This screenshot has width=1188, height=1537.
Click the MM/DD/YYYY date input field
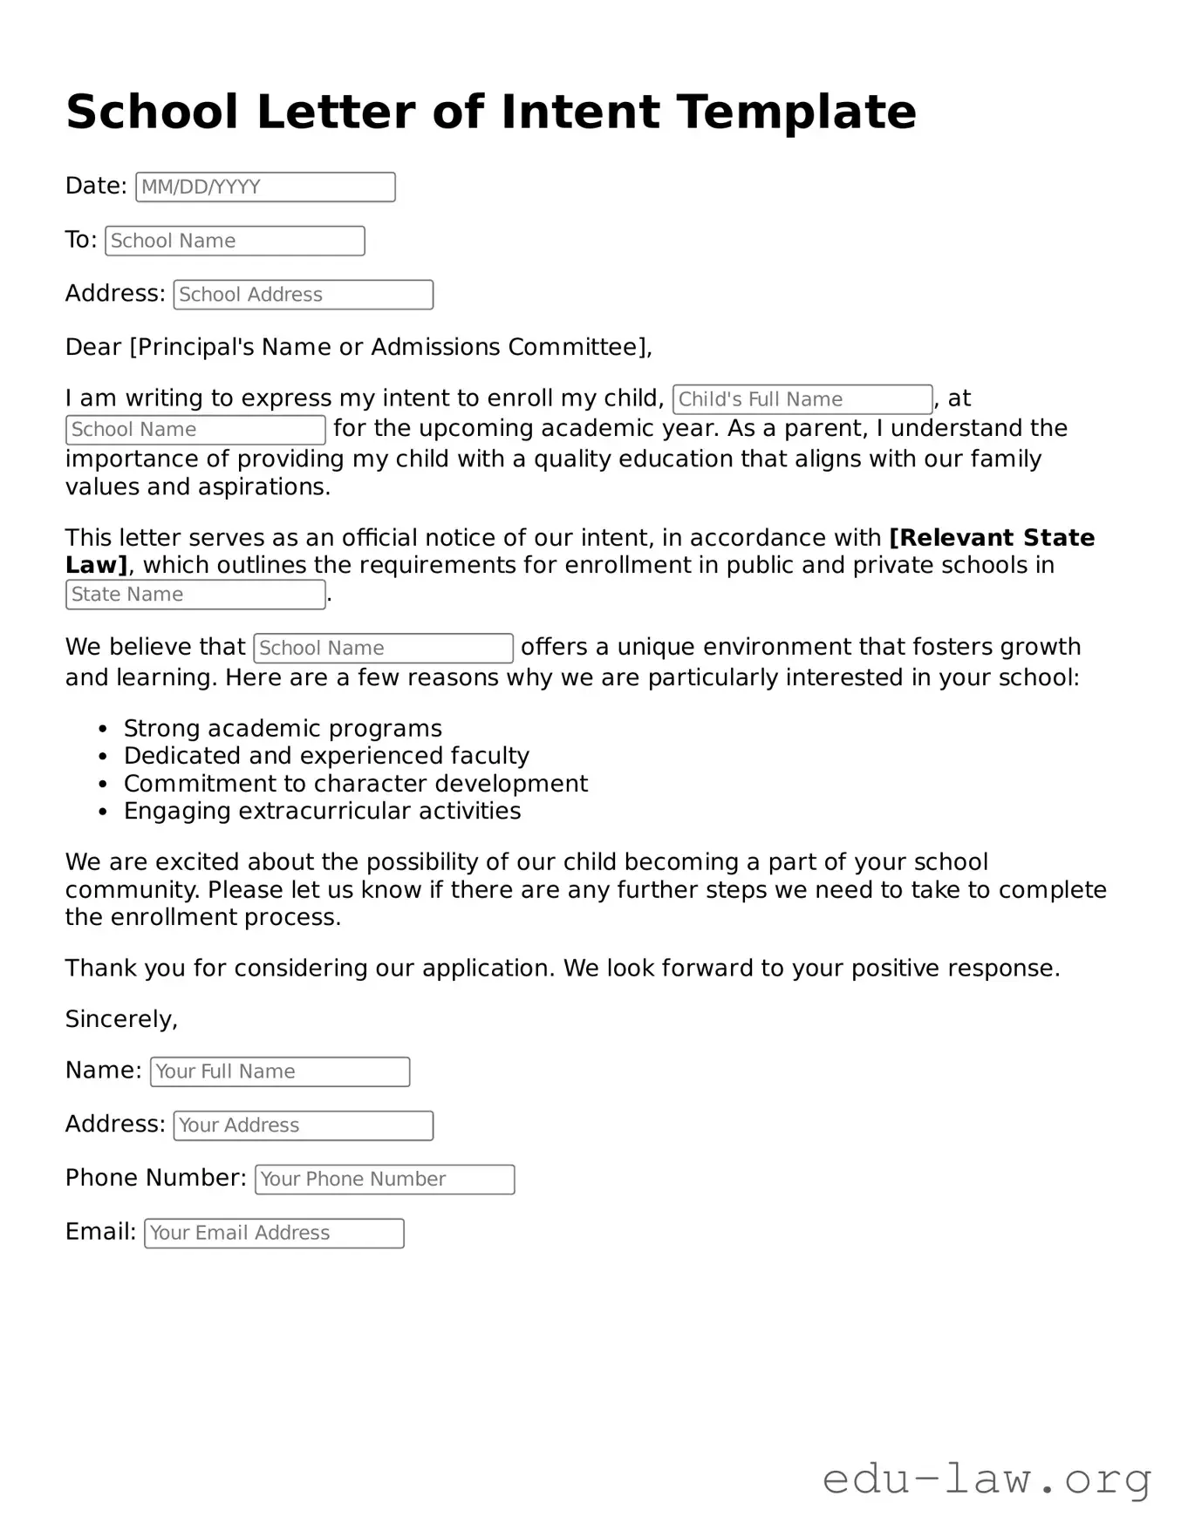[265, 187]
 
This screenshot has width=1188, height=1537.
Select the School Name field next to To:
[235, 241]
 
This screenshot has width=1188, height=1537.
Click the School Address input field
[303, 295]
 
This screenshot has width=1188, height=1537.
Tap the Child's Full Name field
[802, 399]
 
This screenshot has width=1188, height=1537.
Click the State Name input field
[195, 595]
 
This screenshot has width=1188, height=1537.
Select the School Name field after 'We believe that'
[383, 649]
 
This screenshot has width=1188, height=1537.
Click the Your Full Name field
[279, 1071]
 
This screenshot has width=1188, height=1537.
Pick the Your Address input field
[303, 1126]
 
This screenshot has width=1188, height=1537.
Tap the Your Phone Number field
[384, 1180]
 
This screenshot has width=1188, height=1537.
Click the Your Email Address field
[274, 1234]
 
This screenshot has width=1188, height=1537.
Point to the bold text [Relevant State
[991, 538]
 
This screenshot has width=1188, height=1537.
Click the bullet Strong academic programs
[283, 729]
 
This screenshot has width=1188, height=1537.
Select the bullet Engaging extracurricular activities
[322, 812]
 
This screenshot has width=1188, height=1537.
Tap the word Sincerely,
[121, 1019]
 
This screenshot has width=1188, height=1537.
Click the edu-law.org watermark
[987, 1479]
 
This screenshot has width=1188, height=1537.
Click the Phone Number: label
[155, 1179]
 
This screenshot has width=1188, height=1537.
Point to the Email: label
[100, 1232]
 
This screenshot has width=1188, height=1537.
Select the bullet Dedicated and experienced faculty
[326, 756]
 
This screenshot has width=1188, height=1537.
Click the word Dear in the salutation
[92, 348]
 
